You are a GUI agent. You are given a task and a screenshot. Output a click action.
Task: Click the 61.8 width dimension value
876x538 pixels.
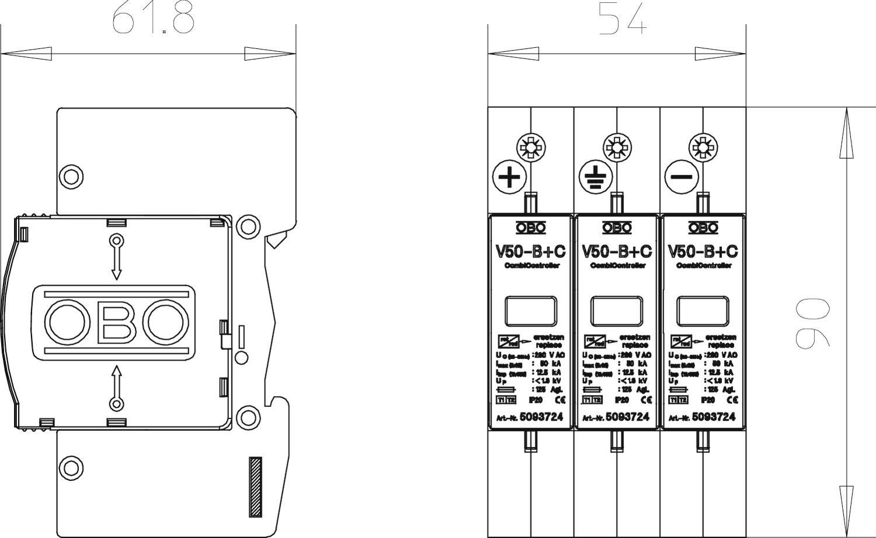(152, 19)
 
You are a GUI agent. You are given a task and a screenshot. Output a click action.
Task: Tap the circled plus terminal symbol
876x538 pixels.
(510, 176)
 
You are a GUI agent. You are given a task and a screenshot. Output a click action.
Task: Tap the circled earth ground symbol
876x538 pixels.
(596, 176)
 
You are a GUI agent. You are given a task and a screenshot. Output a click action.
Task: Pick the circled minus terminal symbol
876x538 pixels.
(682, 176)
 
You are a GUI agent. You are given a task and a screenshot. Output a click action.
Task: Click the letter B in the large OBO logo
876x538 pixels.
(117, 323)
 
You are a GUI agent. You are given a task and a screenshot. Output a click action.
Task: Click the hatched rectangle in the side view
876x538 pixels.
(255, 486)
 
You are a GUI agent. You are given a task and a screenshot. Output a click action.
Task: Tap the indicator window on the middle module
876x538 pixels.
(617, 311)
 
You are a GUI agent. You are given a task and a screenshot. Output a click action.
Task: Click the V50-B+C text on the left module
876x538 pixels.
(530, 252)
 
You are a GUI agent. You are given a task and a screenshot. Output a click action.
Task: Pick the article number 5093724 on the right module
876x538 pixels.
(713, 417)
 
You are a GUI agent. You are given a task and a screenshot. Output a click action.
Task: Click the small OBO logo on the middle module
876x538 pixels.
(617, 228)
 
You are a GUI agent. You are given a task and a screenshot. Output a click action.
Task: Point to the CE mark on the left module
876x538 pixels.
(560, 400)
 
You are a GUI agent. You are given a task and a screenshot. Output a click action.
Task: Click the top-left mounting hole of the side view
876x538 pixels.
(71, 176)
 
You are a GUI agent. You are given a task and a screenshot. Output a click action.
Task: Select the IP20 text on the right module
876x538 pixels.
(707, 400)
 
